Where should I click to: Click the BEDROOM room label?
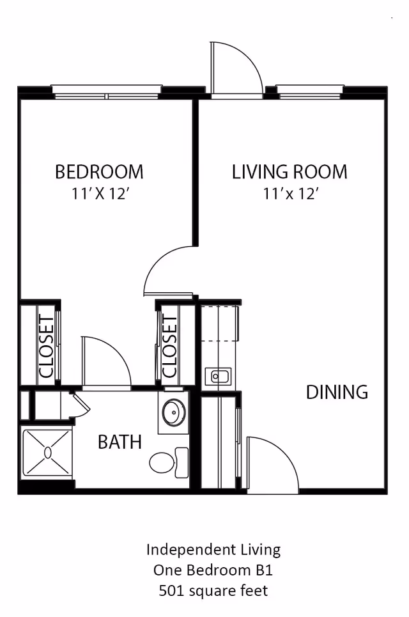pyautogui.click(x=99, y=172)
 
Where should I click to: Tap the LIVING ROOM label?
pyautogui.click(x=289, y=172)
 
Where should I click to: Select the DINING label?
pyautogui.click(x=337, y=392)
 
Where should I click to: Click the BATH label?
pyautogui.click(x=120, y=442)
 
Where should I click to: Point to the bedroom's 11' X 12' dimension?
pyautogui.click(x=100, y=194)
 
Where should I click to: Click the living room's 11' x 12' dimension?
pyautogui.click(x=291, y=194)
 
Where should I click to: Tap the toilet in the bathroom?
pyautogui.click(x=169, y=462)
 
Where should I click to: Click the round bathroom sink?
pyautogui.click(x=174, y=413)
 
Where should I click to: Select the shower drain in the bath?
pyautogui.click(x=48, y=453)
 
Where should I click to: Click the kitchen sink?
pyautogui.click(x=218, y=377)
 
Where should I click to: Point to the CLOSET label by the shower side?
pyautogui.click(x=47, y=347)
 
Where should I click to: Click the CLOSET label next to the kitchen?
pyautogui.click(x=170, y=347)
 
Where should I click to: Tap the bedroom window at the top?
pyautogui.click(x=107, y=92)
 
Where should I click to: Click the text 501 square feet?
pyautogui.click(x=213, y=591)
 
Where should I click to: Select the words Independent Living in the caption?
pyautogui.click(x=213, y=550)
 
